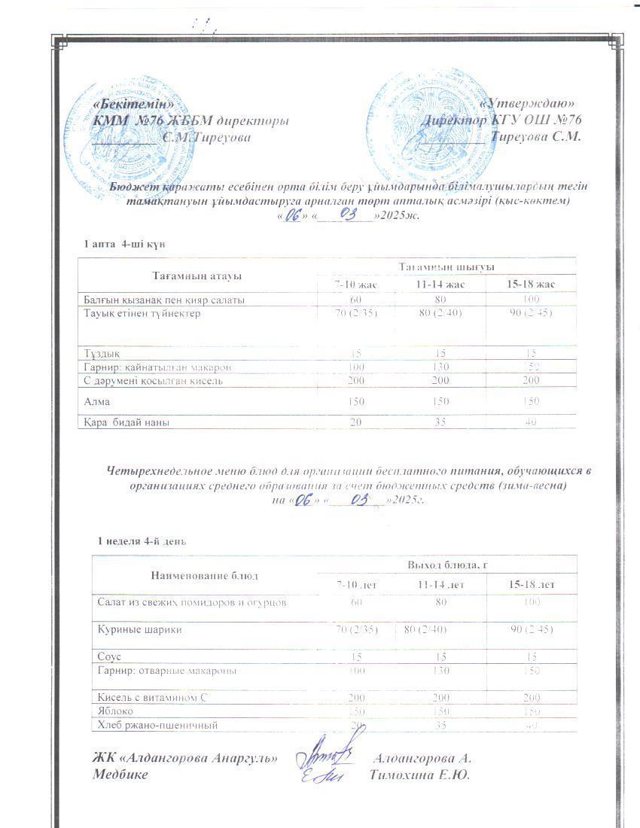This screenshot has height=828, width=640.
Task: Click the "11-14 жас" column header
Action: pos(440,285)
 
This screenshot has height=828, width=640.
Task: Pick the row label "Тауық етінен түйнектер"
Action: pos(142,314)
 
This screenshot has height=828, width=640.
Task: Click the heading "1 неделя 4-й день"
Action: pos(142,541)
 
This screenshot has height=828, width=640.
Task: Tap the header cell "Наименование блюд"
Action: pos(204,575)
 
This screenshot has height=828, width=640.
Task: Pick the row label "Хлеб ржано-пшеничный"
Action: pos(157,725)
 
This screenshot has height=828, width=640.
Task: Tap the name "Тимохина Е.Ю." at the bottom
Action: pos(420,775)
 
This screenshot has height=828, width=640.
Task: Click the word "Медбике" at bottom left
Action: pos(120,775)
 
